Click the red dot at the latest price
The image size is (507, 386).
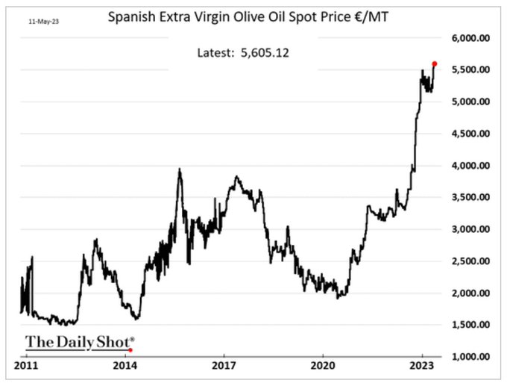point(435,63)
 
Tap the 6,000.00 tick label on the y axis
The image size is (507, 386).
point(471,38)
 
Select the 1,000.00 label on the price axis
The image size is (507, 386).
point(471,357)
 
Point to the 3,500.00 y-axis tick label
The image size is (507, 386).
point(471,198)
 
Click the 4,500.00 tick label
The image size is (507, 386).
point(471,134)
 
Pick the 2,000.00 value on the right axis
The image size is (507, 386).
point(471,293)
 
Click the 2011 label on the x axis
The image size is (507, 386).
point(26,366)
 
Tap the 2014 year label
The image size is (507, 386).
point(125,366)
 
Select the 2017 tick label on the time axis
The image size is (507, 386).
point(224,366)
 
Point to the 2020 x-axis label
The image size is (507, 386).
point(323,366)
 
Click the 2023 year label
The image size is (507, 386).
point(422,366)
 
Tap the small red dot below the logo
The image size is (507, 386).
point(130,349)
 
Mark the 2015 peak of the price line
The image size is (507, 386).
point(180,169)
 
